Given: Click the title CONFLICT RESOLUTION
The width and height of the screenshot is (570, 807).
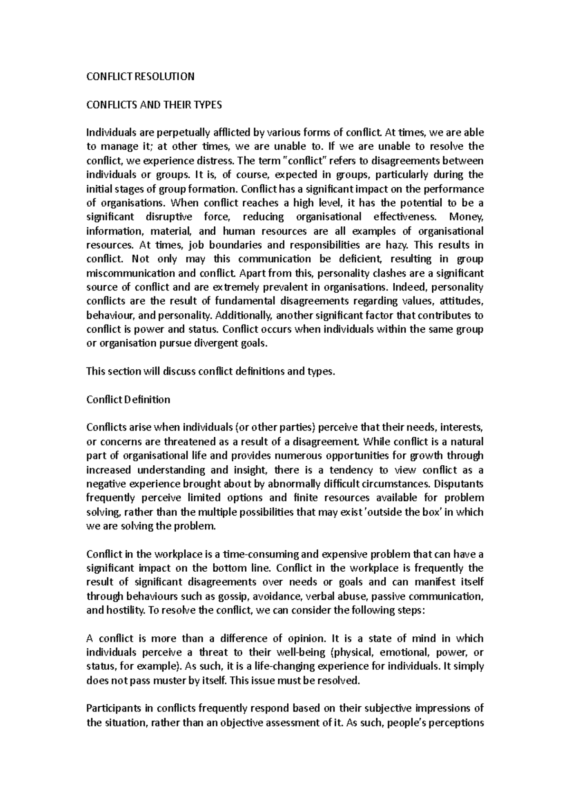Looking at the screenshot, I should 140,77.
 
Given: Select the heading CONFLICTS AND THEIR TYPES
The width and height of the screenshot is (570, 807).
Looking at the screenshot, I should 154,105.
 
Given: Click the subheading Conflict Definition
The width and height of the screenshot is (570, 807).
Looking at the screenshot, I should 128,399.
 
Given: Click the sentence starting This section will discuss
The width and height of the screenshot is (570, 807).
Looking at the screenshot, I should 211,371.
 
